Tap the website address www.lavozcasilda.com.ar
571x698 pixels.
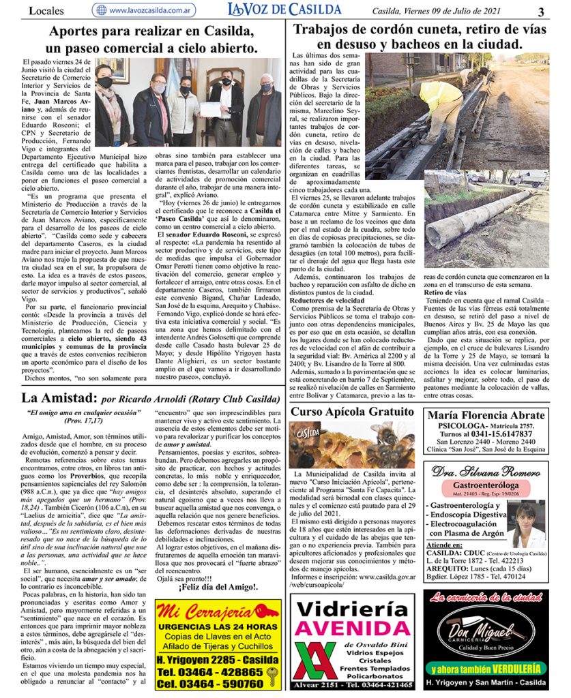[149, 10]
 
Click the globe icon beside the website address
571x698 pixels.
[101, 10]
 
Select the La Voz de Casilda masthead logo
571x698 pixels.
[284, 10]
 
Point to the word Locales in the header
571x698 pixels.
[46, 11]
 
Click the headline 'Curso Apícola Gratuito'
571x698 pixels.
[352, 412]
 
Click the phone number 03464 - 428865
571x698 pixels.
[209, 671]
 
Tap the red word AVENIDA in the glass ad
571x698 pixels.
[352, 627]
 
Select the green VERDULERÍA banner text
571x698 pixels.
[486, 669]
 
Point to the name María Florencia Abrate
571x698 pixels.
[485, 415]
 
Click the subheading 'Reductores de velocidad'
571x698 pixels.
[326, 301]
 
